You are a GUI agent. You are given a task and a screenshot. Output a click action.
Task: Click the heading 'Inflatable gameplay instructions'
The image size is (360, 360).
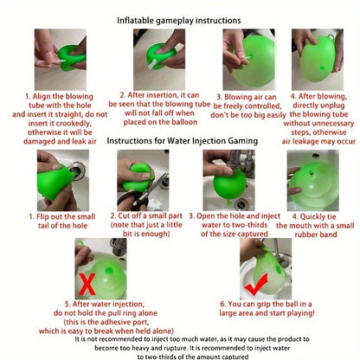pos(179,18)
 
